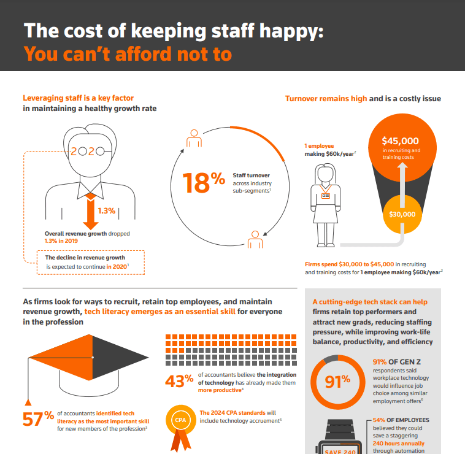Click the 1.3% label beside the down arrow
[107, 212]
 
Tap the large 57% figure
[39, 420]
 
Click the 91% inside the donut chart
[337, 380]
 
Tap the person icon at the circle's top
[194, 139]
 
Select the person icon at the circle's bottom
[254, 237]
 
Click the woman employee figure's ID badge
[326, 197]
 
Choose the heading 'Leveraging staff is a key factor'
[78, 98]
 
